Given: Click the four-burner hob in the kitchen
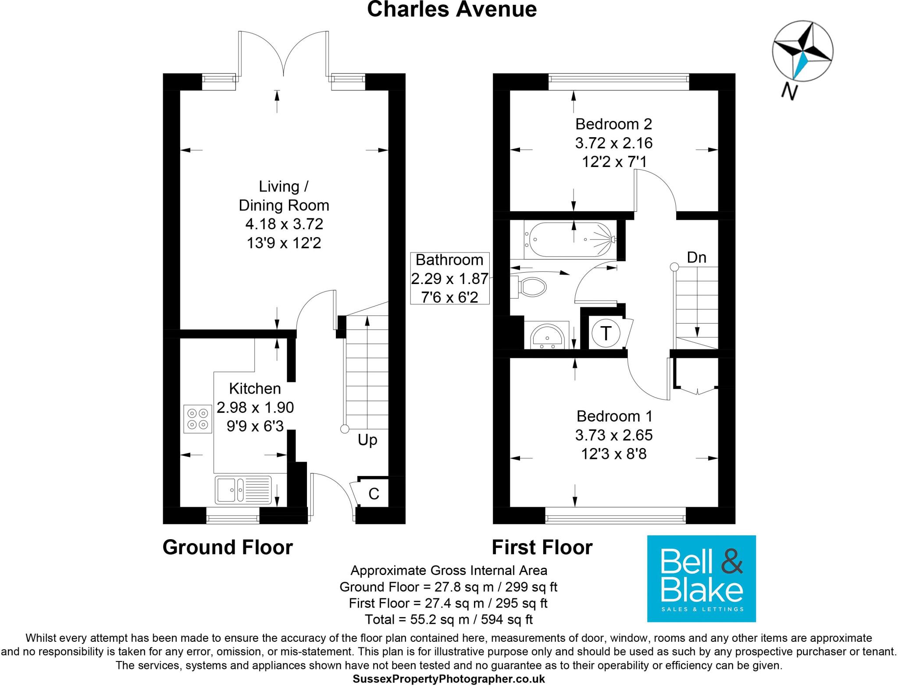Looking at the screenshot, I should pyautogui.click(x=198, y=419).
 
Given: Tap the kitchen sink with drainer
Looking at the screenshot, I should pyautogui.click(x=243, y=490).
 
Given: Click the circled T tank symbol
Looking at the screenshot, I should pyautogui.click(x=606, y=333).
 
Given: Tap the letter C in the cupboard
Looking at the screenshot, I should pyautogui.click(x=374, y=494).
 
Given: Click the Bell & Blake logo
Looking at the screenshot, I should pyautogui.click(x=702, y=578).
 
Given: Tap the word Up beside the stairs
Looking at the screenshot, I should pyautogui.click(x=367, y=440).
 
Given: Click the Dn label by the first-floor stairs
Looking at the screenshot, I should pyautogui.click(x=696, y=257).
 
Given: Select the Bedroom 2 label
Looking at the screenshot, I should pyautogui.click(x=613, y=124).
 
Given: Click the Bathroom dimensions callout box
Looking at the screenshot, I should pyautogui.click(x=449, y=278).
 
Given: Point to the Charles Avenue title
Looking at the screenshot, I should pyautogui.click(x=452, y=10).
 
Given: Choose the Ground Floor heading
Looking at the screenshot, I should pyautogui.click(x=228, y=547).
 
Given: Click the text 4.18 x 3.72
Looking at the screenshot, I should pyautogui.click(x=284, y=224).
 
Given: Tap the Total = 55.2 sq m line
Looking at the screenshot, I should pyautogui.click(x=449, y=619).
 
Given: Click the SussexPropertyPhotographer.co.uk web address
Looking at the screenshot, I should pyautogui.click(x=449, y=679).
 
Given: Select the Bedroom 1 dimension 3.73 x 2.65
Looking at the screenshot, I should pyautogui.click(x=614, y=435).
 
